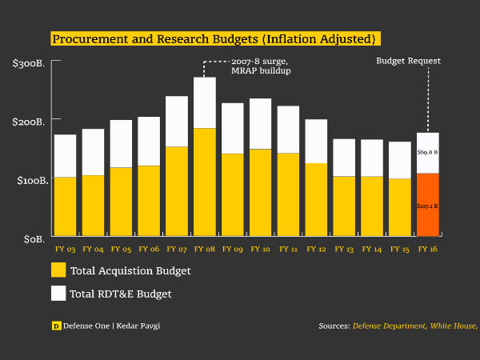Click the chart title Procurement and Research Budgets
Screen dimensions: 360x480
[x=214, y=38]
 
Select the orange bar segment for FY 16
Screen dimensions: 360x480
[x=428, y=204]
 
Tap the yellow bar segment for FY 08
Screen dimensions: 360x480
[x=205, y=182]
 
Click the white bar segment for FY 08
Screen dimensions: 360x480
[x=205, y=102]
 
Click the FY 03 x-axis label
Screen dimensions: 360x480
[x=66, y=250]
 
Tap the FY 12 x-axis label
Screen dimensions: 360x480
[x=317, y=250]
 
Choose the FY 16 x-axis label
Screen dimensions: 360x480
[x=428, y=250]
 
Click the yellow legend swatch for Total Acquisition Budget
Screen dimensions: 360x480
[x=58, y=270]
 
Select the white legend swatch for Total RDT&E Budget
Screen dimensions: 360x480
[x=58, y=294]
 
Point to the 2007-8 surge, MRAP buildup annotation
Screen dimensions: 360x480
[x=261, y=66]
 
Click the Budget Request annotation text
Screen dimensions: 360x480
[x=408, y=61]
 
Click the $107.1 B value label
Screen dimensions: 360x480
[x=428, y=206]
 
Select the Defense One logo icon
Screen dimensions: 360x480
[x=56, y=326]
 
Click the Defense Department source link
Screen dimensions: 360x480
[x=389, y=326]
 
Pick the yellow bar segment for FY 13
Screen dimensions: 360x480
[x=344, y=206]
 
